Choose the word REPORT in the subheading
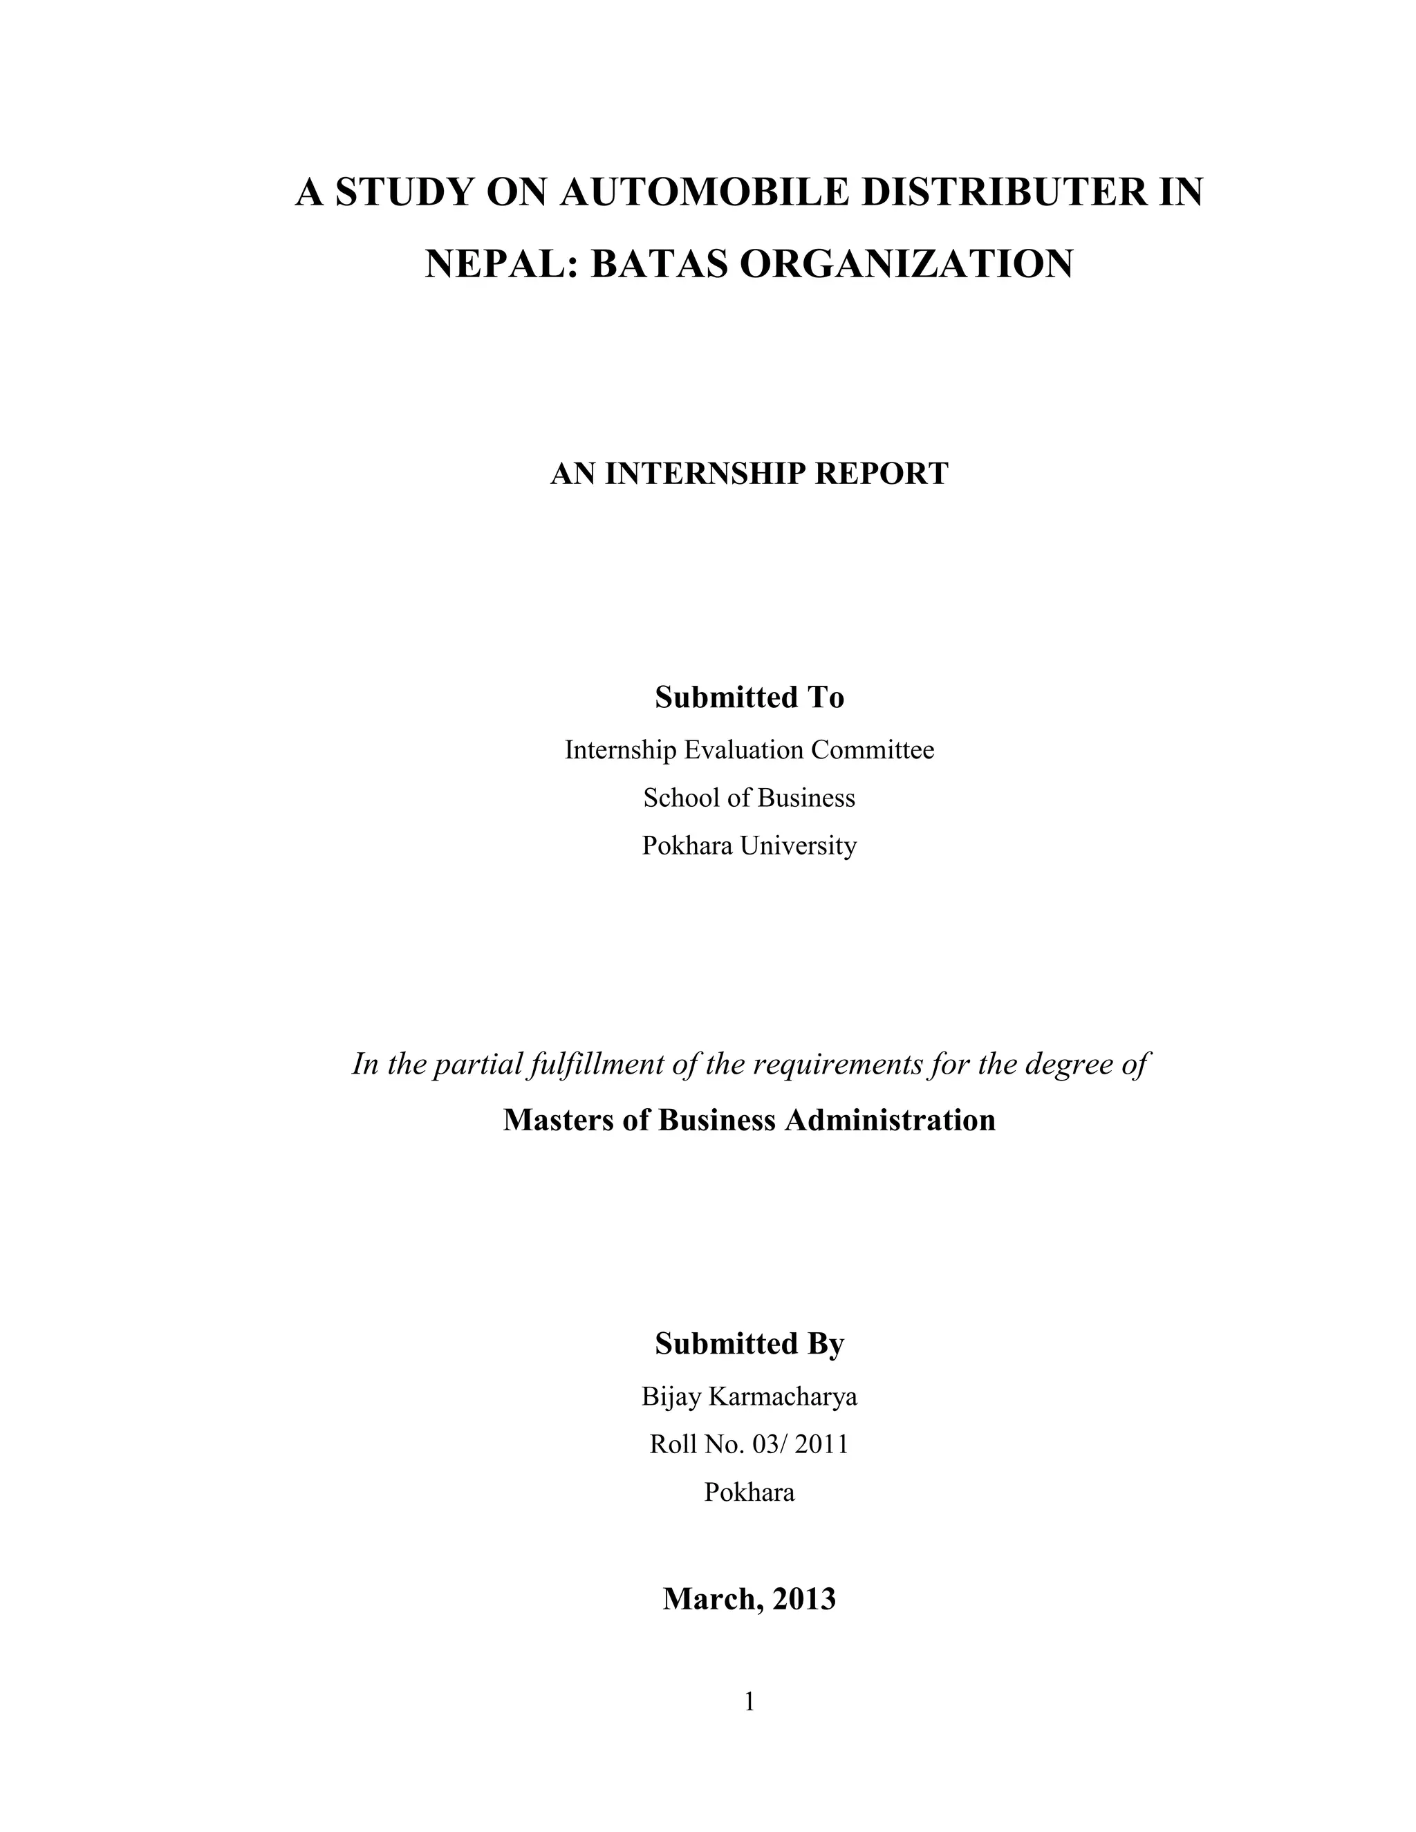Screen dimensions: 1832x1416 click(x=882, y=474)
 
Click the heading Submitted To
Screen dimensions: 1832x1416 click(x=749, y=697)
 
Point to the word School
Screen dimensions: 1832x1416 click(x=682, y=798)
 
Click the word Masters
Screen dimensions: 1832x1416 click(x=558, y=1121)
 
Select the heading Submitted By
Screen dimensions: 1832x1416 click(x=749, y=1344)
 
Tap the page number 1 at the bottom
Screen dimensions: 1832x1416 click(x=749, y=1702)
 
